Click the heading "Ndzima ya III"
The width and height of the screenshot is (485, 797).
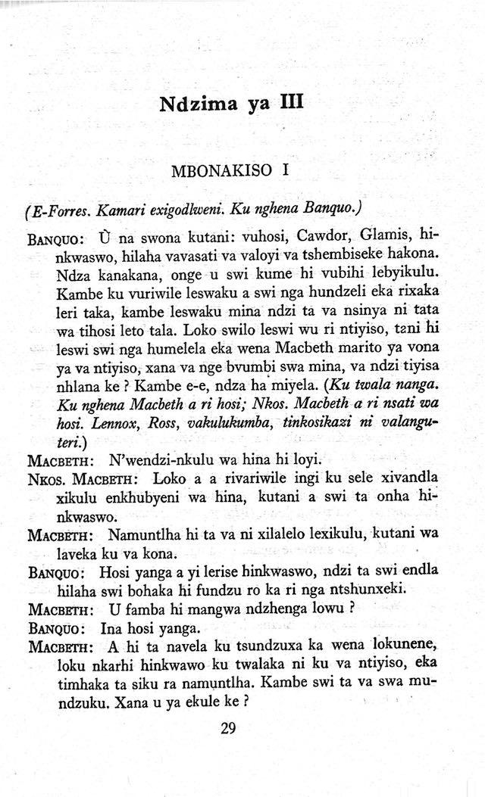point(232,103)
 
